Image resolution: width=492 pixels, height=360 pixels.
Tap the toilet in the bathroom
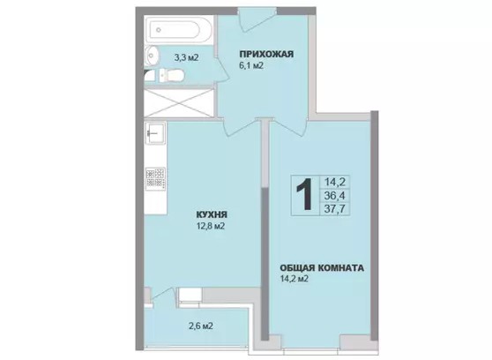(x=172, y=75)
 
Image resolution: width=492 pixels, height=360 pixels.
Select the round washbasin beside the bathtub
(x=153, y=56)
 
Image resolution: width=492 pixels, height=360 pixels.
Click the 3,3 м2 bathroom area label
(x=186, y=57)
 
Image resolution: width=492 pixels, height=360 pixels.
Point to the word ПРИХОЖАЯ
(x=266, y=54)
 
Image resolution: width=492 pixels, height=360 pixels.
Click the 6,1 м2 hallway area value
(x=250, y=65)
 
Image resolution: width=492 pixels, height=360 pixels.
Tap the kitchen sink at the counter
(x=155, y=133)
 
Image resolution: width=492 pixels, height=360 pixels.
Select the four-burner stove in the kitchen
(x=155, y=178)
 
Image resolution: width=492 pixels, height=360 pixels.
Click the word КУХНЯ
(x=212, y=214)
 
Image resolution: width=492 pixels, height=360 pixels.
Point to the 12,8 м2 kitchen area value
(x=210, y=226)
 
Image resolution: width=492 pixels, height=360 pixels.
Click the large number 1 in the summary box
(x=304, y=194)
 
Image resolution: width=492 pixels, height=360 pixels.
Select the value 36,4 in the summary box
(x=334, y=195)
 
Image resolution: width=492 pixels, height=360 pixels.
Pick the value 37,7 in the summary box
(x=334, y=208)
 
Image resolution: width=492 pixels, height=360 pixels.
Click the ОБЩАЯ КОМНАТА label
(x=322, y=268)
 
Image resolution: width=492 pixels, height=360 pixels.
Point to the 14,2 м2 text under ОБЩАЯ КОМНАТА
(x=294, y=279)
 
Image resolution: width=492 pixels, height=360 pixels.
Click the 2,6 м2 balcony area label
(x=201, y=326)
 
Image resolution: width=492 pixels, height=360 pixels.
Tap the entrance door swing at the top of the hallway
(x=256, y=19)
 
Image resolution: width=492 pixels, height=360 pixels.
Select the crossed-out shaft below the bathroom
(x=179, y=102)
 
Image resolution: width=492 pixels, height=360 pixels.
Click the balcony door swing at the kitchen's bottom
(x=163, y=296)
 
